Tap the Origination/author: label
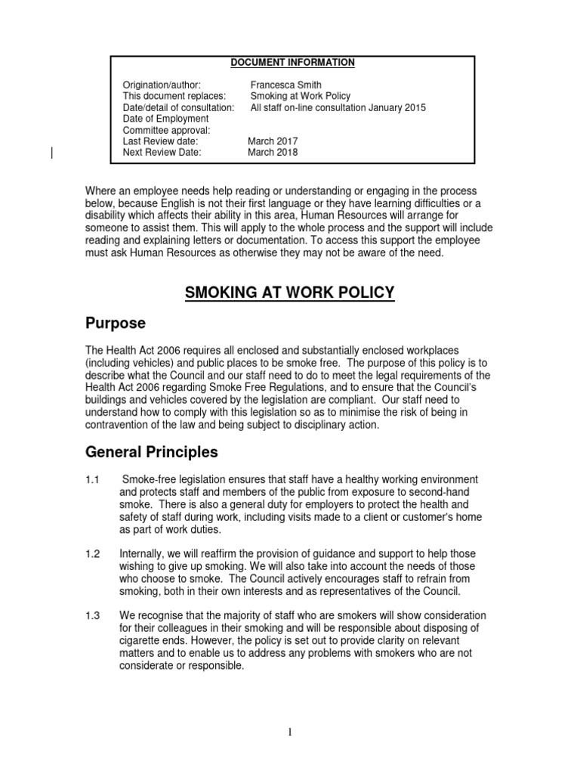point(162,85)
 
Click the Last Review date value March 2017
point(273,141)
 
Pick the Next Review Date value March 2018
point(273,152)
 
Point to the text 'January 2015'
point(397,107)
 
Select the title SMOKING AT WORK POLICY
point(290,293)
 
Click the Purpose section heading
point(116,324)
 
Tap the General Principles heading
point(151,453)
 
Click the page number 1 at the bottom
point(290,732)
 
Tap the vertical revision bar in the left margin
point(51,152)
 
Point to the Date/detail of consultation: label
point(179,107)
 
